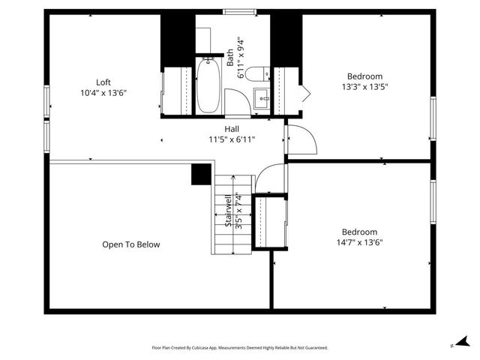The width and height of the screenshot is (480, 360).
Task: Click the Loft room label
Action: [x=103, y=82]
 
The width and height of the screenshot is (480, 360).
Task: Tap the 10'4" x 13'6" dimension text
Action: [x=103, y=93]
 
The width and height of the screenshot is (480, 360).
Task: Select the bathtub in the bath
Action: [x=208, y=85]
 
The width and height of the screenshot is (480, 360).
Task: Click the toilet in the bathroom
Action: [x=257, y=73]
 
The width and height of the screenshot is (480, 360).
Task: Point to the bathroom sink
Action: [x=262, y=97]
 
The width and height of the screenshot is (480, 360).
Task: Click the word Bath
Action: [x=230, y=57]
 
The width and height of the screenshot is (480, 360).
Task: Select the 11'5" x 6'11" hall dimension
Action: [x=232, y=139]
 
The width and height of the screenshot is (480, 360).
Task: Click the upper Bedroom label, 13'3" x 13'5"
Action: [x=364, y=76]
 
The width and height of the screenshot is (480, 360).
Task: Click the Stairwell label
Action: [x=228, y=211]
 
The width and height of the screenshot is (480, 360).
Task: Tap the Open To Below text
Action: [x=131, y=244]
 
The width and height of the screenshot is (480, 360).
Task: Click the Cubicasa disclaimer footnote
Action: [x=240, y=348]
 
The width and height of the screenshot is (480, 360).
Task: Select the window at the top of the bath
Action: [x=239, y=11]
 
